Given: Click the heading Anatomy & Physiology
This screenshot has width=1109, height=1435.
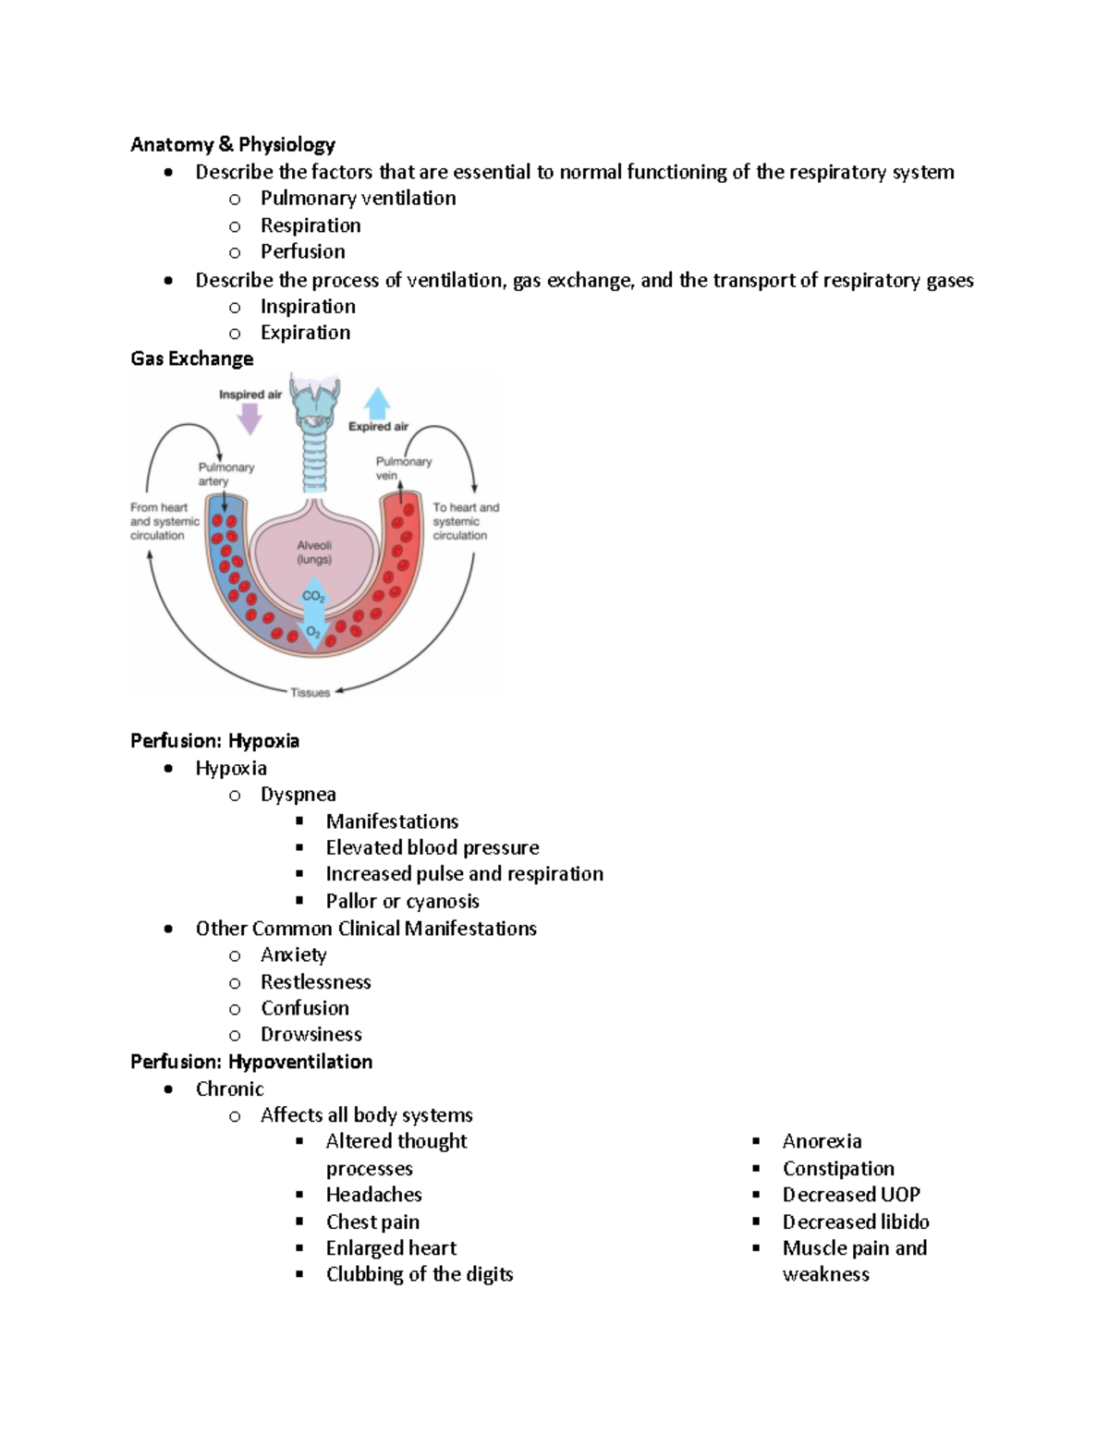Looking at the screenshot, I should (x=232, y=144).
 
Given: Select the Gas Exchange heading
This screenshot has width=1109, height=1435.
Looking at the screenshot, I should (x=191, y=359).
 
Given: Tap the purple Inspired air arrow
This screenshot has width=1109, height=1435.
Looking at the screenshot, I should (x=250, y=419).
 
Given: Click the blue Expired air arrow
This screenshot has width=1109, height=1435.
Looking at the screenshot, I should (x=377, y=403).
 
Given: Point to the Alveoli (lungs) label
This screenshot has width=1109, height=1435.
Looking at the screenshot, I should (x=314, y=553).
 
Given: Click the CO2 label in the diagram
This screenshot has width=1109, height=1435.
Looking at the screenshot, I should (x=314, y=596).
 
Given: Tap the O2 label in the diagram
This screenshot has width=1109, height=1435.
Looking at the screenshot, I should (x=314, y=633).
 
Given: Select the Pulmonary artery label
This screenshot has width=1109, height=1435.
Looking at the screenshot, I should (x=225, y=473).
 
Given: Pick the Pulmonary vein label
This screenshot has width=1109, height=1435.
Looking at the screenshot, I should (x=403, y=468).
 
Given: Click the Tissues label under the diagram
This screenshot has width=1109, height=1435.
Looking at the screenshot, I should (x=310, y=692).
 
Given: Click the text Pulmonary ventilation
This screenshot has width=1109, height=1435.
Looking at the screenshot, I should (x=358, y=198).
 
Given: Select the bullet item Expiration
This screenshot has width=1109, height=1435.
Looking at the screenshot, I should (x=305, y=333).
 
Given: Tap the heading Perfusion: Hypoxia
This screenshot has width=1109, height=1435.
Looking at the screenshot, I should (x=214, y=741).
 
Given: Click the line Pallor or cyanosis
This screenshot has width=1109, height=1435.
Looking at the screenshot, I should (x=402, y=901).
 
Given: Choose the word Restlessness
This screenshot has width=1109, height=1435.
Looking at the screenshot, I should (x=315, y=981).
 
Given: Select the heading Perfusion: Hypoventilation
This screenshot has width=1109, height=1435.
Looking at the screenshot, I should (x=251, y=1062).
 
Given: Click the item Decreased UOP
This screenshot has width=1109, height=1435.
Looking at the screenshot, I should (x=850, y=1195).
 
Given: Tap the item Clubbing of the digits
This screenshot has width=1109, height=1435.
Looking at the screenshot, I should (x=419, y=1274).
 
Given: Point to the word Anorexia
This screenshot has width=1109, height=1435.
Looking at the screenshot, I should (x=822, y=1141).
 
